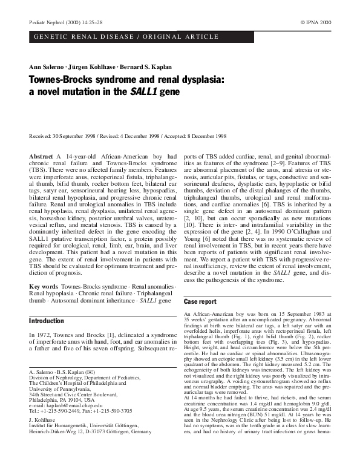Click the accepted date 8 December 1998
pyautogui.click(x=202, y=136)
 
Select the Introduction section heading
pyautogui.click(x=47, y=321)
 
